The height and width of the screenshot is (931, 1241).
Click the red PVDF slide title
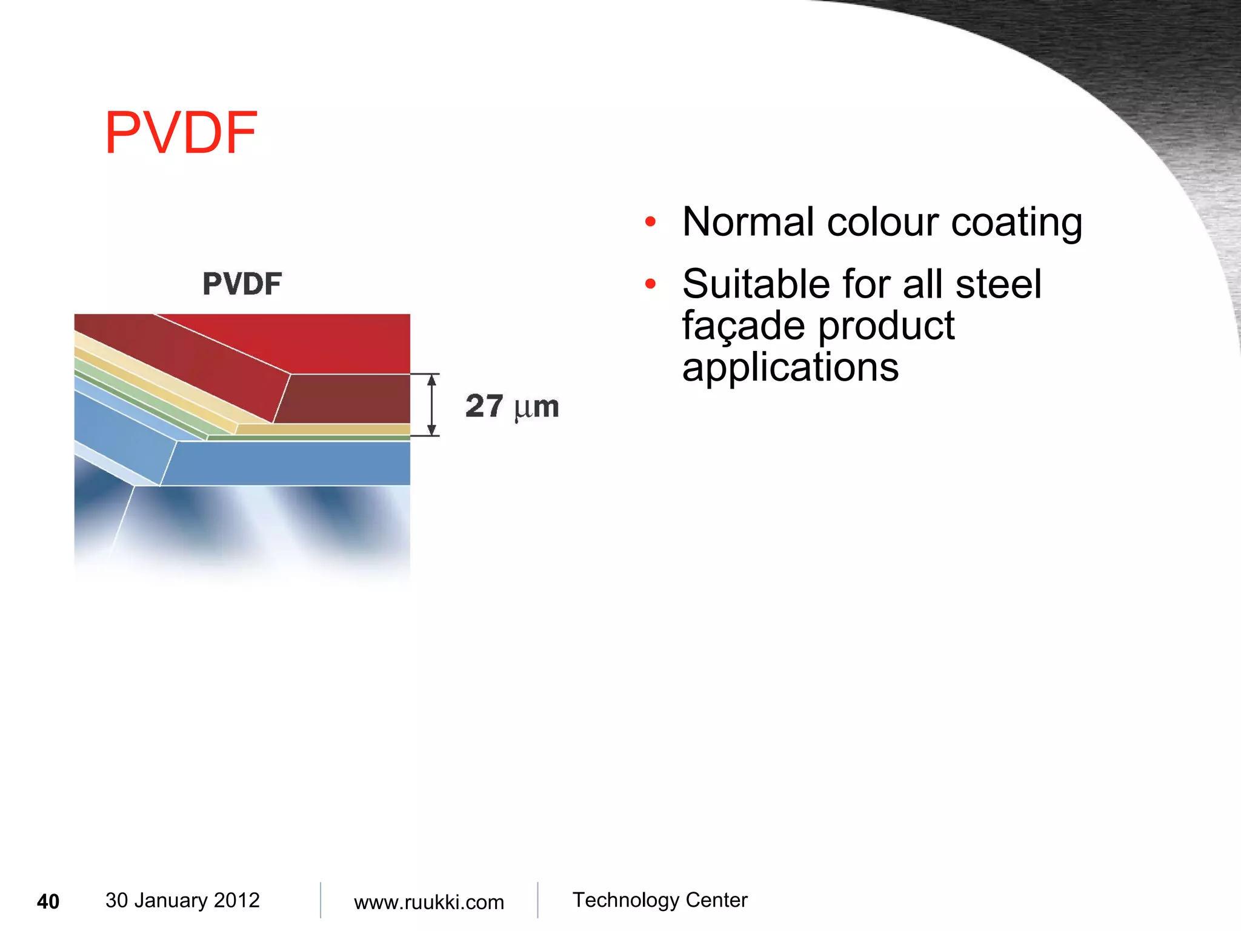tap(181, 133)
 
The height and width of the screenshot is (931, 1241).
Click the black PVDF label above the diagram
tap(242, 284)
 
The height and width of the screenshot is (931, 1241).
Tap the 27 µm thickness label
tap(512, 406)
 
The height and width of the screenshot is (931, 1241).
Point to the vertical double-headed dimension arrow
tap(431, 405)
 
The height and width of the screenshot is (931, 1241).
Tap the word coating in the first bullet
tap(1016, 223)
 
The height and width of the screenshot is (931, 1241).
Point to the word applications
tap(790, 367)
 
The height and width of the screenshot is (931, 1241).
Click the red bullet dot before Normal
tap(650, 222)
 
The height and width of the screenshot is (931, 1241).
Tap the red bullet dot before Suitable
tap(650, 284)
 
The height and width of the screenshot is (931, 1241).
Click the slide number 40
tap(48, 901)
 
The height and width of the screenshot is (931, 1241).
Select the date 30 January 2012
tap(182, 900)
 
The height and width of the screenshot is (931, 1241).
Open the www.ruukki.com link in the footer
tap(428, 902)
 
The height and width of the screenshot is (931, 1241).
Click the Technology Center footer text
tap(660, 900)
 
